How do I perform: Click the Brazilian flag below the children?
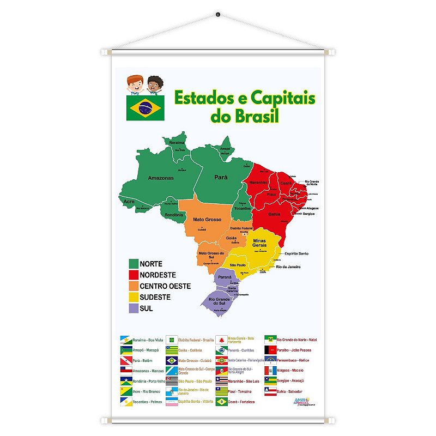click(144, 107)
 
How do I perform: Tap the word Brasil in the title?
click(245, 116)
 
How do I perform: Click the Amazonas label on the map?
click(161, 178)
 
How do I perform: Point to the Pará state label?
click(220, 177)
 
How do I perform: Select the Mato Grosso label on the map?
click(207, 220)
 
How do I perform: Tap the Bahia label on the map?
click(274, 214)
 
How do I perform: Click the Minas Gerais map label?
click(259, 243)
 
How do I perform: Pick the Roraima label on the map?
click(177, 143)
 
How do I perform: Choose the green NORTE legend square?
click(133, 264)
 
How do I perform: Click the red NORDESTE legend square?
click(133, 275)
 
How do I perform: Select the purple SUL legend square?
click(133, 308)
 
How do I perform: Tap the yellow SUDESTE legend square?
click(133, 297)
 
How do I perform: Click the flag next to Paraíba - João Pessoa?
click(271, 349)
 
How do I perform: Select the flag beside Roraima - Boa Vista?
click(125, 339)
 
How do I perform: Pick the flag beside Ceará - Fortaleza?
click(221, 402)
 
